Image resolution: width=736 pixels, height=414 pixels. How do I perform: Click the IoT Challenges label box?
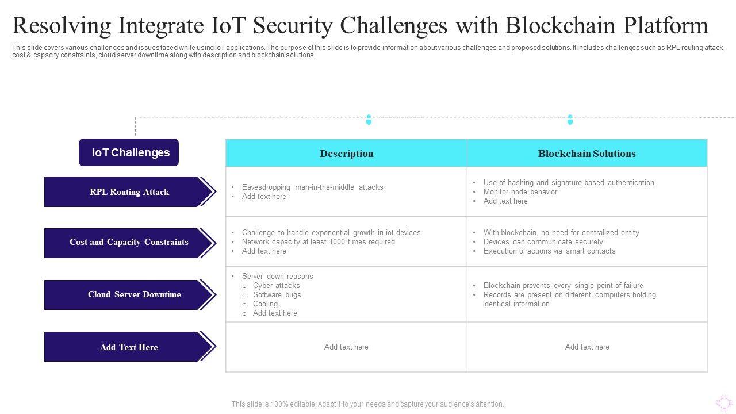[x=129, y=152]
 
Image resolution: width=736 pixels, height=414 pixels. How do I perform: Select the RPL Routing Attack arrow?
[x=129, y=192]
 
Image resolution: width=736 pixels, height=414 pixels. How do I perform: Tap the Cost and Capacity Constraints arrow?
[x=129, y=242]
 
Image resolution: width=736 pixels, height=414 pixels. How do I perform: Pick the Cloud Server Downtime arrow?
[x=129, y=294]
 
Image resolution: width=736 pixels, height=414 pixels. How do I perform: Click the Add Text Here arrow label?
[x=129, y=347]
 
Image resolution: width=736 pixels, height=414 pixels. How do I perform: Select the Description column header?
[x=346, y=154]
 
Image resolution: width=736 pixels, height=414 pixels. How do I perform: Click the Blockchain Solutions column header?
[x=586, y=154]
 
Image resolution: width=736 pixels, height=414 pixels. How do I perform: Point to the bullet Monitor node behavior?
[x=520, y=192]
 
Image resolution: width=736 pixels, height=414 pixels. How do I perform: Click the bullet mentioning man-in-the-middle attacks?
[x=312, y=187]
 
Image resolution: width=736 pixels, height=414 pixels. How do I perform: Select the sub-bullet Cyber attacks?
[x=276, y=286]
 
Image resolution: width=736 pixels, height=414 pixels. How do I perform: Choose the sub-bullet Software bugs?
[x=277, y=295]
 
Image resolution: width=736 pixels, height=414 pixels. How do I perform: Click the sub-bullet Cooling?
[x=265, y=304]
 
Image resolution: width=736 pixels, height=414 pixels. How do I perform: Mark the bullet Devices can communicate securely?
[x=543, y=242]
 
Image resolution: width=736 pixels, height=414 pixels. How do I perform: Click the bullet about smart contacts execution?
[x=549, y=251]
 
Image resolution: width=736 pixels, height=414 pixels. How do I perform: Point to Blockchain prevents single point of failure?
[x=563, y=286]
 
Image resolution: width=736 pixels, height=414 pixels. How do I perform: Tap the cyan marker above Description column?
[x=369, y=120]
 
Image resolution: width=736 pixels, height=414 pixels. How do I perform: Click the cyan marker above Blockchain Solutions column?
[x=570, y=120]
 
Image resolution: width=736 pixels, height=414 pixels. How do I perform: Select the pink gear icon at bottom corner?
[x=724, y=402]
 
